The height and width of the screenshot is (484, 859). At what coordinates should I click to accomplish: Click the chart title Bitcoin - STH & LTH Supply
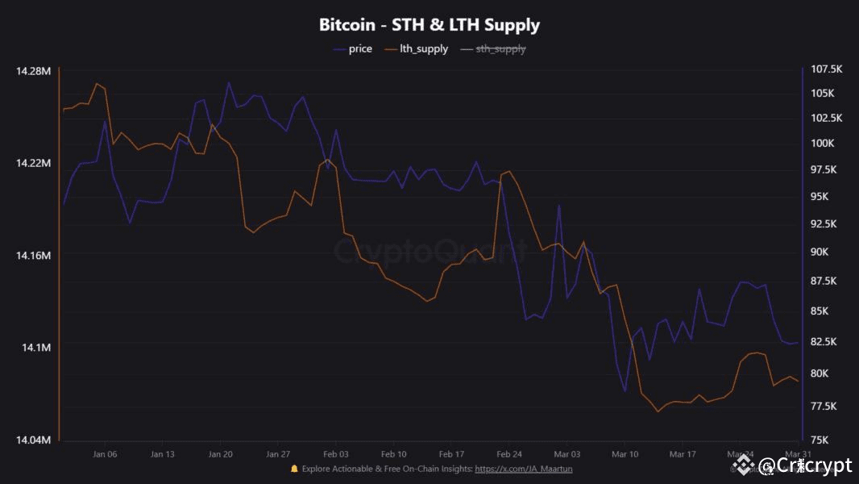click(429, 25)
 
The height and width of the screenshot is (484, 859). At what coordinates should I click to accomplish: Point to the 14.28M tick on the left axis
click(33, 71)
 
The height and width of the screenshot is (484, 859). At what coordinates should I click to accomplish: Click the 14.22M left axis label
click(33, 163)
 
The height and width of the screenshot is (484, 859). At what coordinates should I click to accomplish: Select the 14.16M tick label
click(33, 255)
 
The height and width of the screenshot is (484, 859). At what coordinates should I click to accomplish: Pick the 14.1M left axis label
click(36, 348)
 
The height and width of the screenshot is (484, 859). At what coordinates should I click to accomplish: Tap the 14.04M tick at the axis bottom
click(33, 440)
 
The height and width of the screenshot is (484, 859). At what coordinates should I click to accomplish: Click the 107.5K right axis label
click(825, 69)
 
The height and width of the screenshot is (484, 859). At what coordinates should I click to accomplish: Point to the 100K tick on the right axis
click(822, 144)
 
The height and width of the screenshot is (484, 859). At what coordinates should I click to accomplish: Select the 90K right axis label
click(822, 252)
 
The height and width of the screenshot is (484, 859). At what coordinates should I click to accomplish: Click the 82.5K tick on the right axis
click(825, 342)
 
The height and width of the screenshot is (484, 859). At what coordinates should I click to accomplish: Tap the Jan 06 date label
click(105, 454)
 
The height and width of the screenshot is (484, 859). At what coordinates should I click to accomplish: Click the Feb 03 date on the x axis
click(336, 454)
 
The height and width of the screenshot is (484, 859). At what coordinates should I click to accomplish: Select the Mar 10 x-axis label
click(625, 454)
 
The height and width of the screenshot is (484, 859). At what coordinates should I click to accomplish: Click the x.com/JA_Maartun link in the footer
click(524, 469)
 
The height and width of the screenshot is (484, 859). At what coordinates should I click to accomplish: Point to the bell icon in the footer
click(294, 469)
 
